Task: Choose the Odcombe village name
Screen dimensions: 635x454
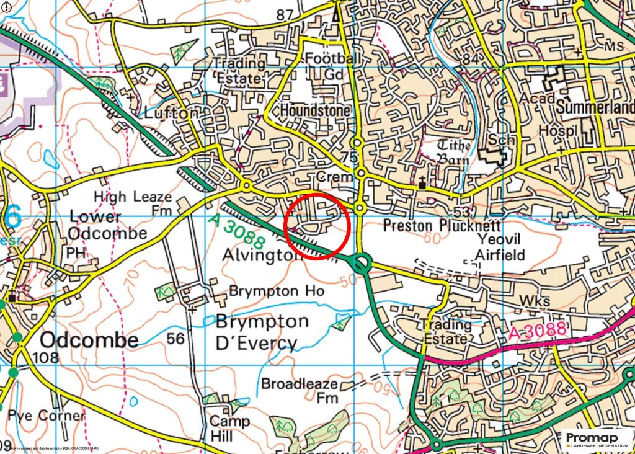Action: (x=89, y=340)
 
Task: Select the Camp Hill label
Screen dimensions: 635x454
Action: (x=229, y=428)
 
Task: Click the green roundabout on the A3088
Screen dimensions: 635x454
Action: (x=360, y=265)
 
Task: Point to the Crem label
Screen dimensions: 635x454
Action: (x=334, y=177)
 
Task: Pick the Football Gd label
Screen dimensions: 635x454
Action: (x=332, y=66)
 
